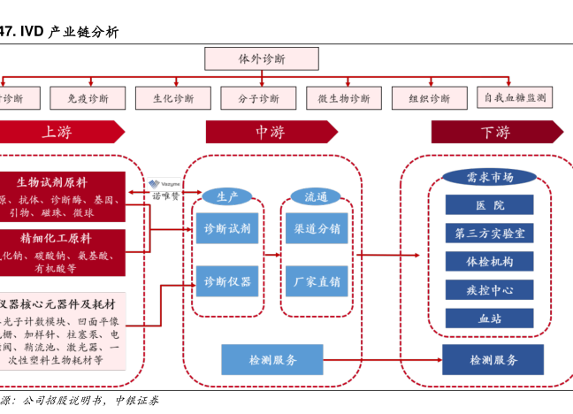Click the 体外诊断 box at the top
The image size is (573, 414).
tap(262, 58)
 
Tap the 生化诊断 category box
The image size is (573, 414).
tap(172, 98)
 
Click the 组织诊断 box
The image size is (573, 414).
tap(429, 98)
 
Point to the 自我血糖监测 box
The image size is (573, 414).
tap(515, 97)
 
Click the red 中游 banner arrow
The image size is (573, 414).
tap(271, 133)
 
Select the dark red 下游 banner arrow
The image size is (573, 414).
tap(496, 133)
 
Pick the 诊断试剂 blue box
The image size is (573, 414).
tap(227, 228)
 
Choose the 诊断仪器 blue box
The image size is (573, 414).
tap(227, 282)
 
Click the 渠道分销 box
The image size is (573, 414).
tap(317, 228)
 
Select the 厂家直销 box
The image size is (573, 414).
tap(317, 282)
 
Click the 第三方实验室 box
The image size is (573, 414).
tap(489, 234)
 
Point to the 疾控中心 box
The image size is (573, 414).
tap(489, 289)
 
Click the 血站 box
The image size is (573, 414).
tap(489, 317)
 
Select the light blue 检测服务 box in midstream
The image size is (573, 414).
tap(272, 359)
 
